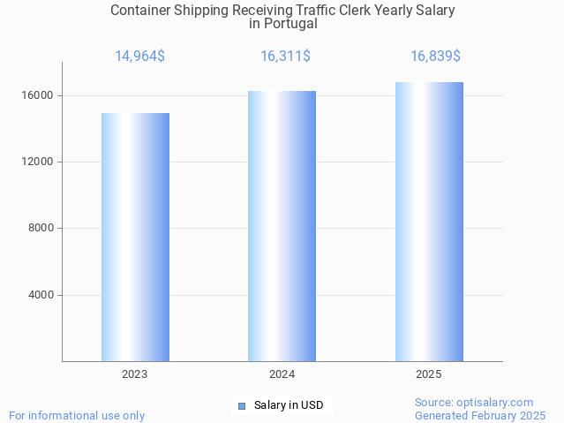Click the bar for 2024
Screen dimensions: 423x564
282,226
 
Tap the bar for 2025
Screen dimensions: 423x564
429,222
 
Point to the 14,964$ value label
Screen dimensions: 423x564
139,57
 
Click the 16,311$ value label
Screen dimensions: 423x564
285,57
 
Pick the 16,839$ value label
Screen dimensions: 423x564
435,57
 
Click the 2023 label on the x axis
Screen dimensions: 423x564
135,374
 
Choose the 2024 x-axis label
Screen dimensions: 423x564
282,374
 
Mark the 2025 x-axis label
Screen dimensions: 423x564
429,374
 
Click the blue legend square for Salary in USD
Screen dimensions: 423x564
241,406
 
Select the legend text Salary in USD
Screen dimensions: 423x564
289,406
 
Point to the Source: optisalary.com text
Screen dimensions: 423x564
474,403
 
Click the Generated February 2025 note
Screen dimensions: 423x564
480,415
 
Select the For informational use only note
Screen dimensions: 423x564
77,415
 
